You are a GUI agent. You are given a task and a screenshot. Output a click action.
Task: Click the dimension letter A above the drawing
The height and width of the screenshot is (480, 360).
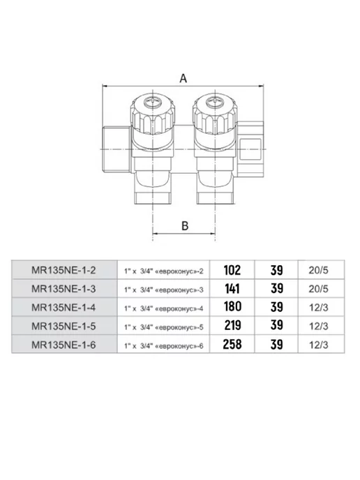(183, 78)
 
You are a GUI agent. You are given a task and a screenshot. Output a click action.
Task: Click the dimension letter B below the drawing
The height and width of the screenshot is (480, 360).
(185, 225)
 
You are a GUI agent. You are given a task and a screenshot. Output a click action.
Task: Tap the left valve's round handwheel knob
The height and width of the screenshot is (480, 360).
(153, 114)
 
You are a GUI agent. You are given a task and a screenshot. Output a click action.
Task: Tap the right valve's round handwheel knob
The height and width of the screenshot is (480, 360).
(215, 114)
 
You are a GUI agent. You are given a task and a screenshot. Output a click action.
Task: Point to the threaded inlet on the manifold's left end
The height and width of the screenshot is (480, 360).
(116, 149)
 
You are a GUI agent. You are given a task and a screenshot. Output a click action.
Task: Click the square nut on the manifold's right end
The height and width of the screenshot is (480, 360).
(250, 149)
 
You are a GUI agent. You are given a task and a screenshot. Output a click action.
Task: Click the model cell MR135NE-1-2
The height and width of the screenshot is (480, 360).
(63, 270)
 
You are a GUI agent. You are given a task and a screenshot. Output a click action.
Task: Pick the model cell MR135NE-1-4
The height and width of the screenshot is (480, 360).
(63, 308)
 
